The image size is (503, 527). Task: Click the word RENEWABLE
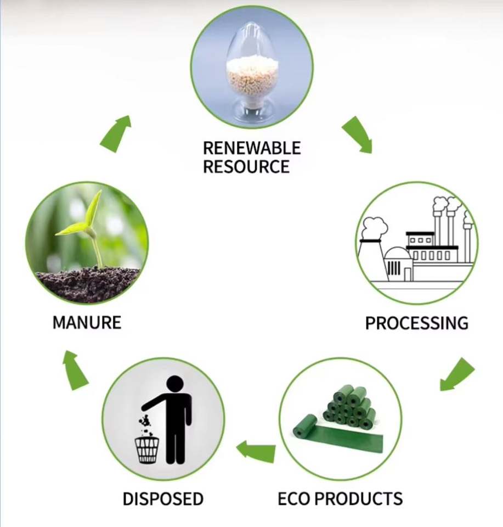(x=252, y=148)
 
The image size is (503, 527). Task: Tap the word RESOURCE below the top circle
(x=246, y=166)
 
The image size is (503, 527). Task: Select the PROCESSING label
(x=417, y=323)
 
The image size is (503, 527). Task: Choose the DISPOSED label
(x=163, y=498)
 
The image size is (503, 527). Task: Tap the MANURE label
(x=87, y=323)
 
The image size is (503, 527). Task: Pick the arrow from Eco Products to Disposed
(x=256, y=451)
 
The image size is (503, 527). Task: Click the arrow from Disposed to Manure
(x=75, y=370)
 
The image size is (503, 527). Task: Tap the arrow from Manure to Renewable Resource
(x=116, y=134)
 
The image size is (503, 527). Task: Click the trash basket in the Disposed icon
(x=147, y=450)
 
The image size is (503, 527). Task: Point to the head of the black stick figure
(x=175, y=384)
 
